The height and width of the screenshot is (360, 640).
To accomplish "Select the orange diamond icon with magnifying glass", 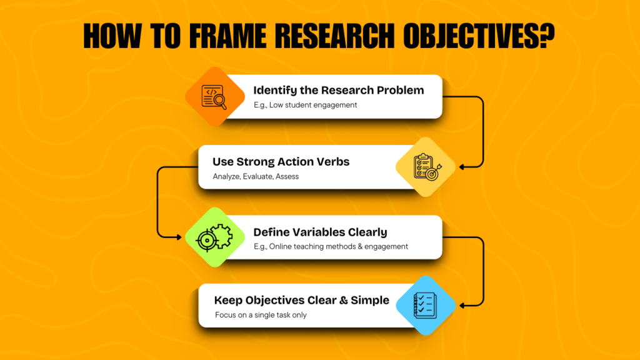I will coord(215,96).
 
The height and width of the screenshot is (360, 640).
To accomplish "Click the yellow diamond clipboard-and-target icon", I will coord(425,167).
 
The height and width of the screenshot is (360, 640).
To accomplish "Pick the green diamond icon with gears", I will coord(215,237).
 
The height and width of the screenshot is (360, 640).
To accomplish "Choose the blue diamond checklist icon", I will coord(425,306).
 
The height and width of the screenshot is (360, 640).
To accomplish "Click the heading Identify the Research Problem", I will coord(338,90).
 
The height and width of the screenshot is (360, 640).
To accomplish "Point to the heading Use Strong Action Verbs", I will coord(281,162).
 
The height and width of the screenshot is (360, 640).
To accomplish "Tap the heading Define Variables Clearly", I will coord(320,232).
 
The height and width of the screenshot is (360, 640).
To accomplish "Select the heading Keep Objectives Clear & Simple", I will coord(301,300).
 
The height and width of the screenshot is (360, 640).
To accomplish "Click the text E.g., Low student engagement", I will coord(305,105).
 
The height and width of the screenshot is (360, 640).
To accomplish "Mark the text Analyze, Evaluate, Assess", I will coord(256,176).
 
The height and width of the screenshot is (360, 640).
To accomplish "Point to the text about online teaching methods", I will coord(331,246).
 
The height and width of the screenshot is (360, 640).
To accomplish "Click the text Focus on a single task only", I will coord(261,315).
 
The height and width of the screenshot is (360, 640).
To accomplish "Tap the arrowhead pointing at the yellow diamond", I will coord(462,167).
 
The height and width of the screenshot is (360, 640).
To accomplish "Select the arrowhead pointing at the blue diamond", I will coord(462,305).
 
